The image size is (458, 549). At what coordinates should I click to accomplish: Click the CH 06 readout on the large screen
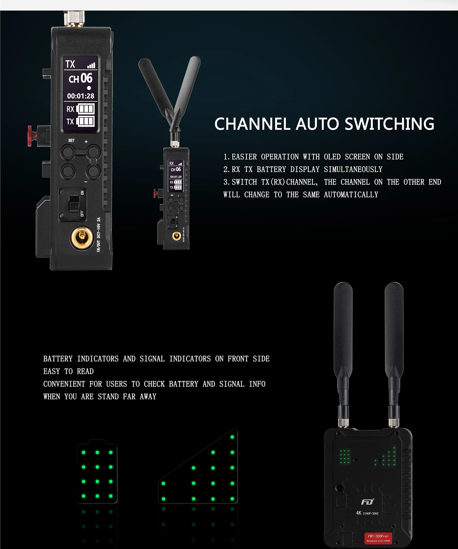[81, 79]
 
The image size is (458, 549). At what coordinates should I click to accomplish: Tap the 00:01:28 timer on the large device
[81, 96]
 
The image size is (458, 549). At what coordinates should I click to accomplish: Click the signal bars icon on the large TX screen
[91, 65]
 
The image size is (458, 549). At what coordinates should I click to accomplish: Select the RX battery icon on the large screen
[85, 109]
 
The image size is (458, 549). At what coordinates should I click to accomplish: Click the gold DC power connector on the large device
[82, 236]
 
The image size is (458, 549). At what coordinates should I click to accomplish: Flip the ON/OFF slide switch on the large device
[74, 203]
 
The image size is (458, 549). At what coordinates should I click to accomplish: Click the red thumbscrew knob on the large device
[32, 135]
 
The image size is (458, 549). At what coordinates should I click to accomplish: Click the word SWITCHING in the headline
[389, 124]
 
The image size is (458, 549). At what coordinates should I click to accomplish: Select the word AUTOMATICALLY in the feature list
[351, 195]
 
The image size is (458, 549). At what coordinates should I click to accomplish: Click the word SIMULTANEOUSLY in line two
[353, 169]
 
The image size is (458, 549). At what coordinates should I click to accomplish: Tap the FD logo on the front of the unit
[367, 502]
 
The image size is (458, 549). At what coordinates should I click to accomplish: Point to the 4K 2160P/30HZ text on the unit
[367, 513]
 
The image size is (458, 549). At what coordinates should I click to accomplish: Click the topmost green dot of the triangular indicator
[232, 437]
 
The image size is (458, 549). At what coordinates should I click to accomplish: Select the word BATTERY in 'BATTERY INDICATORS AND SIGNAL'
[58, 359]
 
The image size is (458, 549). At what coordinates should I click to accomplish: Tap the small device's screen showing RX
[176, 175]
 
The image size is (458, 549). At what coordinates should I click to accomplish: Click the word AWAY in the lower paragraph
[148, 396]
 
